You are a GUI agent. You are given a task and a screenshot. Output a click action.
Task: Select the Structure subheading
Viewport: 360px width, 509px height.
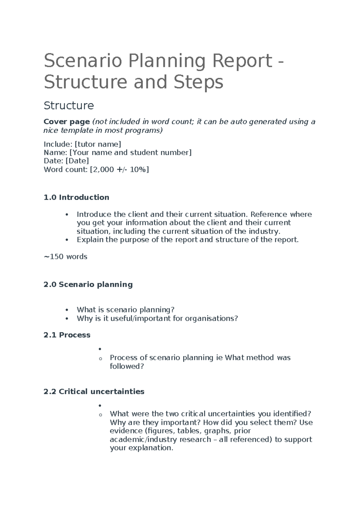[x=69, y=106]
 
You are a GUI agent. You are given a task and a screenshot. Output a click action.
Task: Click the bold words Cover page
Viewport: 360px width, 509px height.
[x=67, y=122]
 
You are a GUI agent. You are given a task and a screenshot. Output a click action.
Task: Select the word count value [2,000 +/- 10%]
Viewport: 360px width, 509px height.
[x=119, y=170]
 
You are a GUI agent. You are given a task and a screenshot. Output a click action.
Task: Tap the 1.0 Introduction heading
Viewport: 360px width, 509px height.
[x=76, y=197]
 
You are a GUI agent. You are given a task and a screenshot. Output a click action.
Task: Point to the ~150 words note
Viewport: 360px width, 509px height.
[x=65, y=257]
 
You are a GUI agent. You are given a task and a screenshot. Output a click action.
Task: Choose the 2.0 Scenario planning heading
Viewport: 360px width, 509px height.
[x=88, y=285]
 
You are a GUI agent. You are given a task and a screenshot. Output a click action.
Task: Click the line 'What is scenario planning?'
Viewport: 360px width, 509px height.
[x=125, y=310]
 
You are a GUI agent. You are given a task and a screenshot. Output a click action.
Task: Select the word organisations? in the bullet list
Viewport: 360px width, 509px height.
[x=211, y=318]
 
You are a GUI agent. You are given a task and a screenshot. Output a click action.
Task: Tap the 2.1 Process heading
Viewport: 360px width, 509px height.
[x=67, y=335]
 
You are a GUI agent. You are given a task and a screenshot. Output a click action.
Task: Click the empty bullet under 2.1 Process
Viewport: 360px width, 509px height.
[x=100, y=349]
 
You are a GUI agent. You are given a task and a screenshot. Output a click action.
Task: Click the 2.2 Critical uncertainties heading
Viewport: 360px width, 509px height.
[x=94, y=392]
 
